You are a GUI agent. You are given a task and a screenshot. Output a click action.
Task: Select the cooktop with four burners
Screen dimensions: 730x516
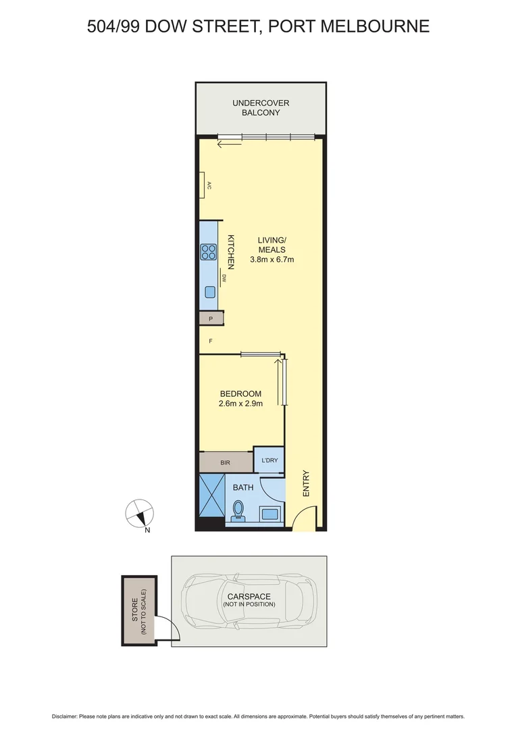pyautogui.click(x=208, y=252)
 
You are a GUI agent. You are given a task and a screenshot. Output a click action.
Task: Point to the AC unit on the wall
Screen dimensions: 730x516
pyautogui.click(x=202, y=185)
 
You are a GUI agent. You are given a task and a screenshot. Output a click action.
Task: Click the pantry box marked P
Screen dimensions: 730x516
pyautogui.click(x=210, y=318)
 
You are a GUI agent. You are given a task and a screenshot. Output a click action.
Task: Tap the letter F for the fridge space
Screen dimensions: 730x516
pyautogui.click(x=211, y=341)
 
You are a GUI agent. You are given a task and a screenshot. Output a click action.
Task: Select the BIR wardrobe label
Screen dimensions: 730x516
pyautogui.click(x=225, y=463)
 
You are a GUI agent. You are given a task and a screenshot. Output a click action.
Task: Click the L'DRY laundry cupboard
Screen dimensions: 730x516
pyautogui.click(x=269, y=462)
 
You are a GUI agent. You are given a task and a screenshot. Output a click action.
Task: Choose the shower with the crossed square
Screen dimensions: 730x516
pyautogui.click(x=212, y=497)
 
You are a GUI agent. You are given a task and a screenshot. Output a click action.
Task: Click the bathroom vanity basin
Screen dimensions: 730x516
pyautogui.click(x=272, y=513)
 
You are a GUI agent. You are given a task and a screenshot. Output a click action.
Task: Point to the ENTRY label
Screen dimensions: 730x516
pyautogui.click(x=306, y=484)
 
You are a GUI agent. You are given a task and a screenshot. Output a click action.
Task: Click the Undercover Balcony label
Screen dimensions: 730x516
pyautogui.click(x=261, y=107)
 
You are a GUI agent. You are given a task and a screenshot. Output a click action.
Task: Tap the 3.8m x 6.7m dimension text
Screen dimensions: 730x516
pyautogui.click(x=272, y=259)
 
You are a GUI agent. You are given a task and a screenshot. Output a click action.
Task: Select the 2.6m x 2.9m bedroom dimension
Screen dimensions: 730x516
pyautogui.click(x=240, y=404)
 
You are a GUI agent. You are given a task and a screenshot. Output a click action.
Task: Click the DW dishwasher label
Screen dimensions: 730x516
pyautogui.click(x=224, y=277)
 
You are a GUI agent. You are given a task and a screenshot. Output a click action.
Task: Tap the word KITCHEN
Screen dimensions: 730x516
pyautogui.click(x=230, y=249)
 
